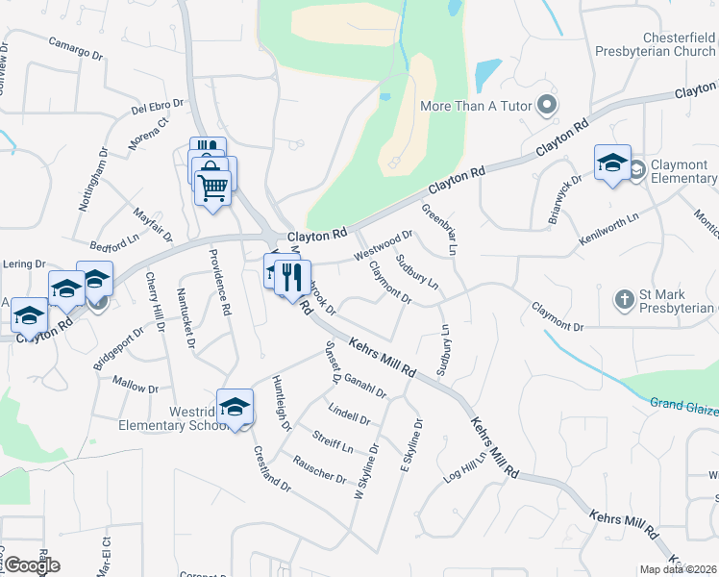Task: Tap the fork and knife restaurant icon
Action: click(x=292, y=278)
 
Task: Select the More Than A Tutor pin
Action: click(x=548, y=105)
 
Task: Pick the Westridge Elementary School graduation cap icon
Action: click(x=235, y=409)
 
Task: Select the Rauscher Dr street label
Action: click(x=319, y=468)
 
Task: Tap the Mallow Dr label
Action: click(x=136, y=385)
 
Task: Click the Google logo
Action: click(x=32, y=565)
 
